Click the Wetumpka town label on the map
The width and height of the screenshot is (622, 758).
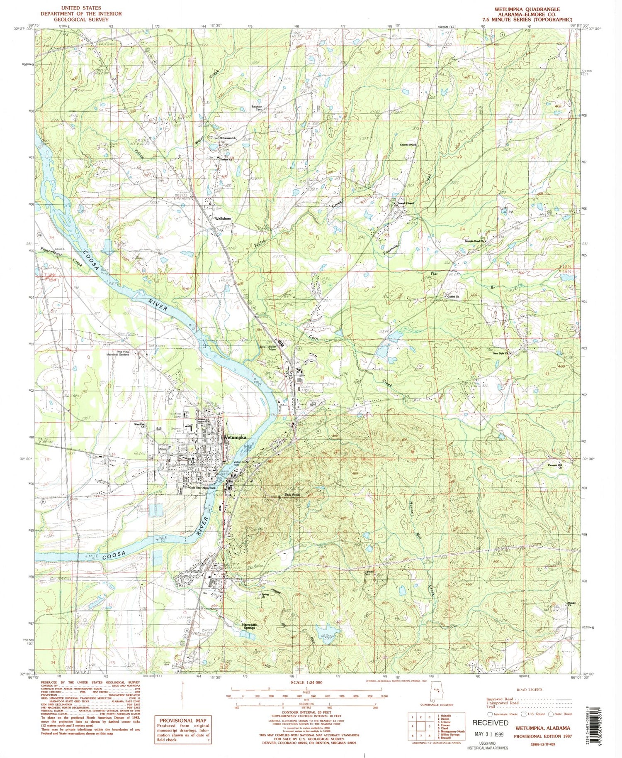235,438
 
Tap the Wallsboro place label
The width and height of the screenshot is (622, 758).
223,218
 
